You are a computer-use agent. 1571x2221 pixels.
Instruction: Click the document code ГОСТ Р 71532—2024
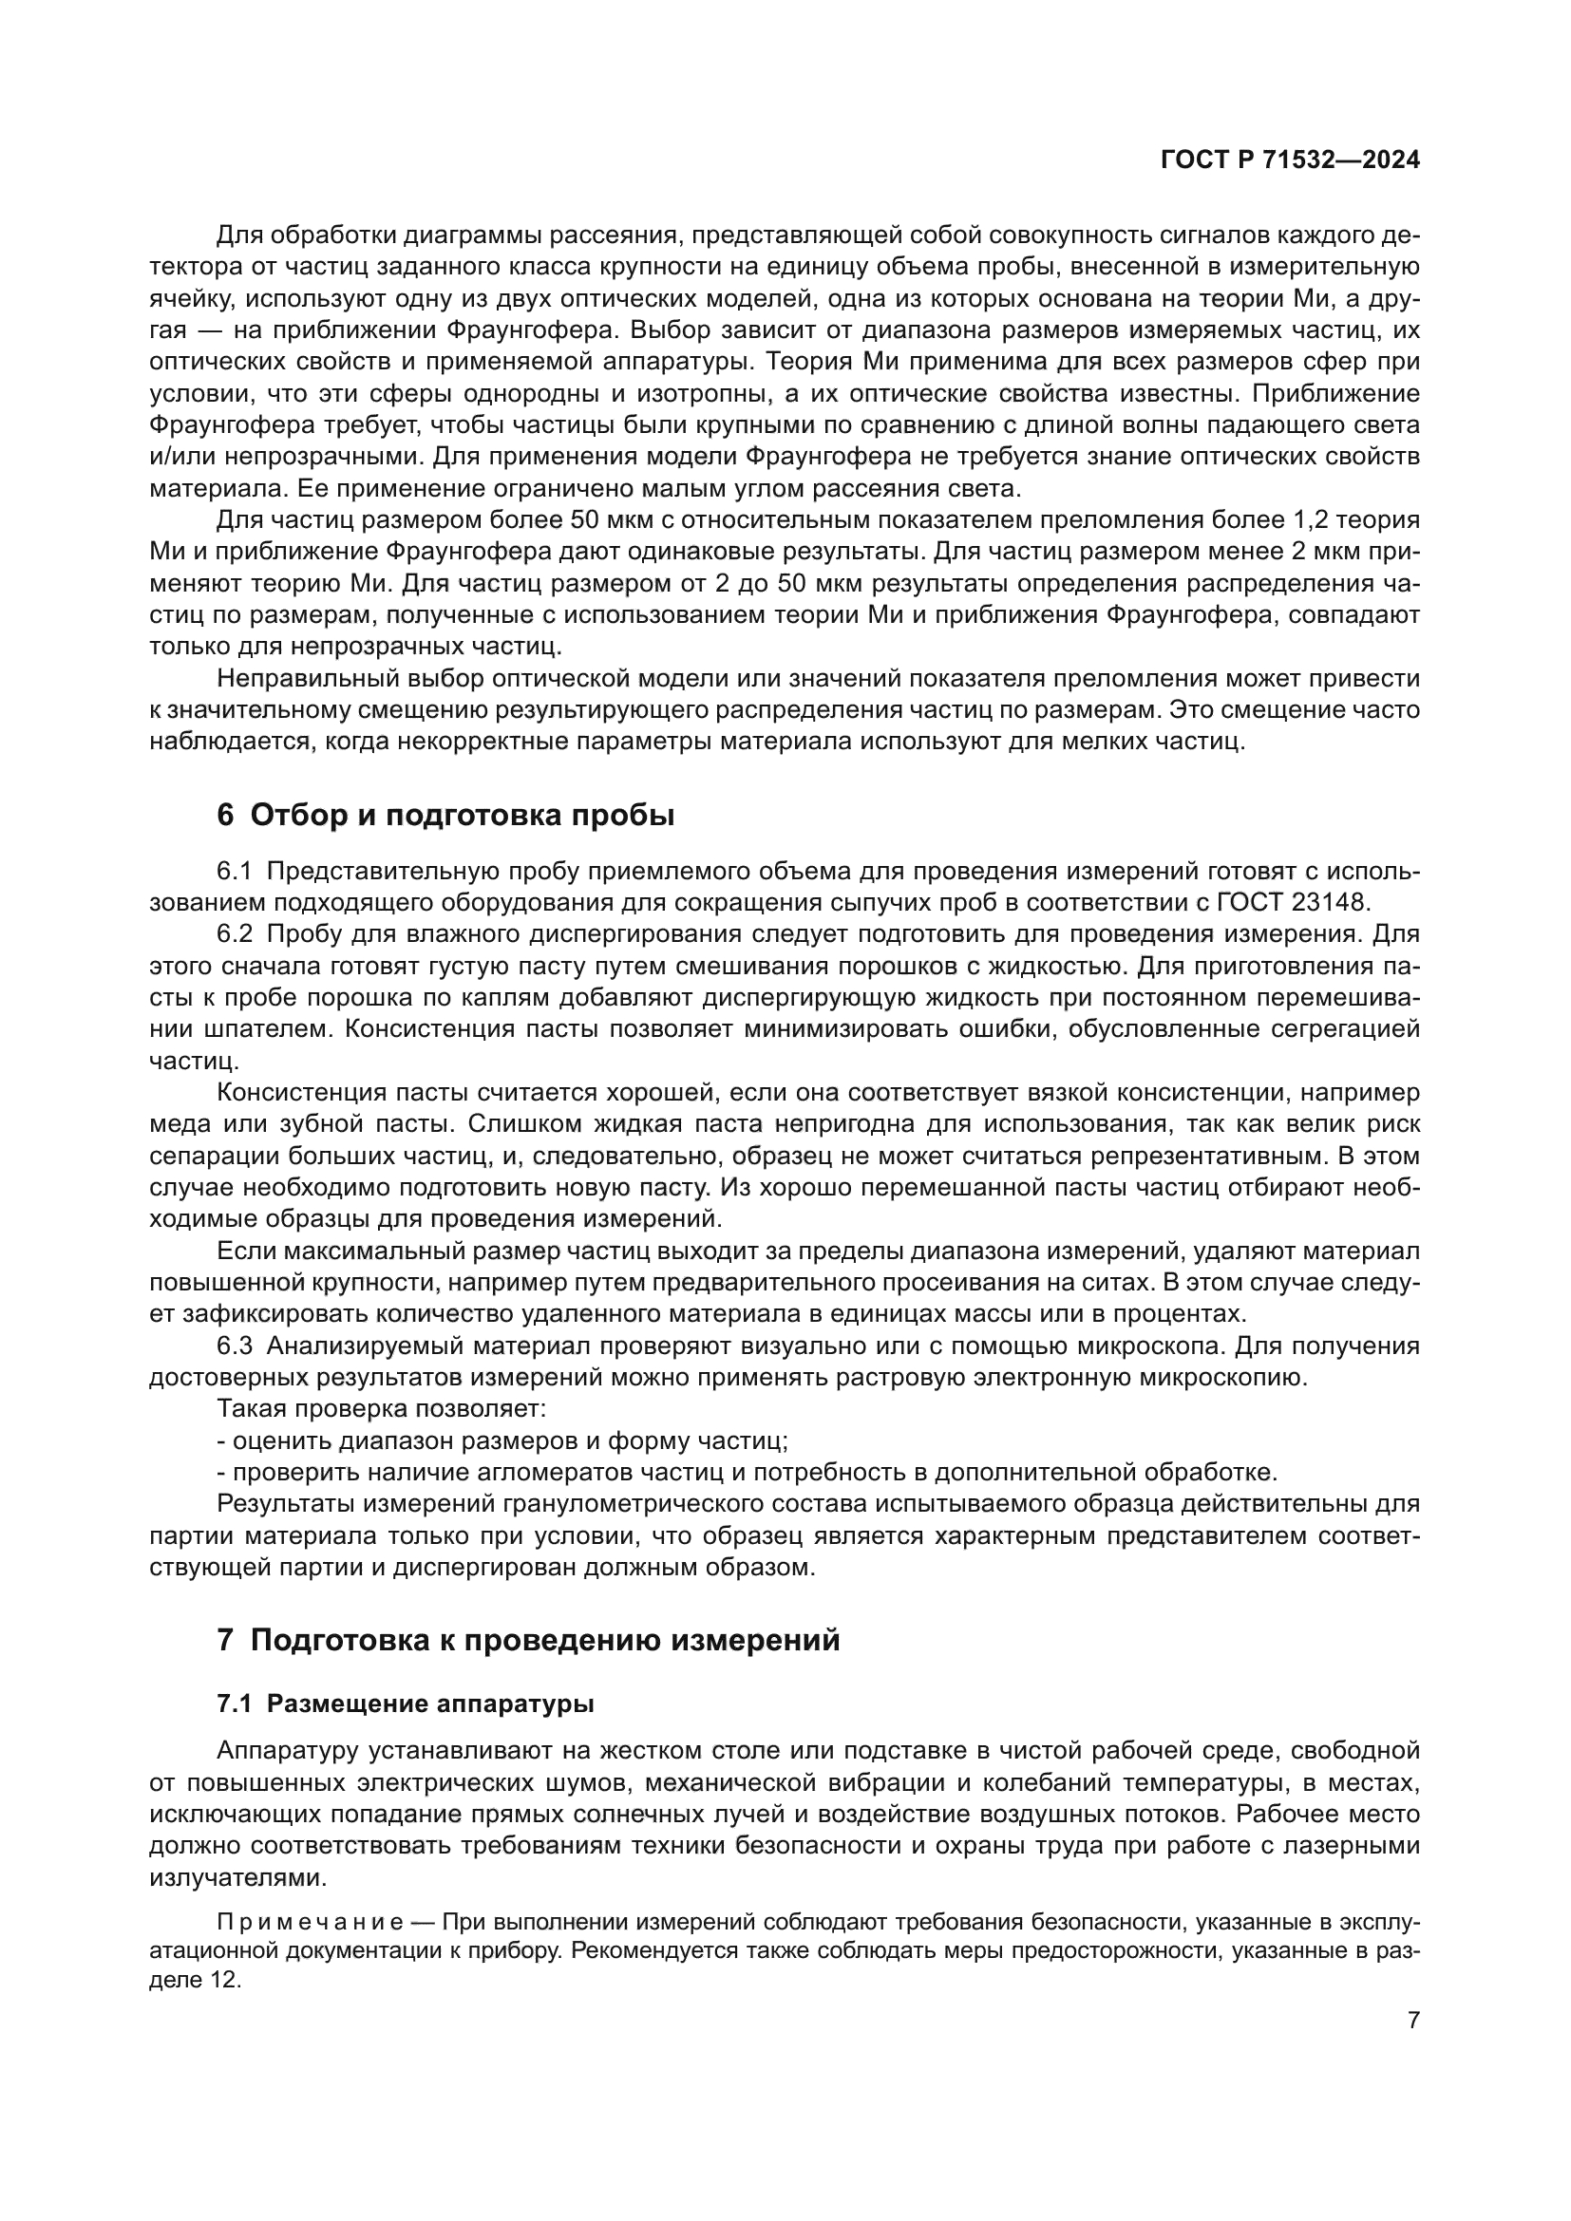1290,160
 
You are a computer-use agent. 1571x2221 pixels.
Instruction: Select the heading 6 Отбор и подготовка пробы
445,815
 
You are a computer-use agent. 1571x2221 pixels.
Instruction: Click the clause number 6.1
233,871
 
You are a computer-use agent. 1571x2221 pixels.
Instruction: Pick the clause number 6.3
233,1346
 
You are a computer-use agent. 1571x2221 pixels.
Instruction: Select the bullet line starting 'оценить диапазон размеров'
503,1440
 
